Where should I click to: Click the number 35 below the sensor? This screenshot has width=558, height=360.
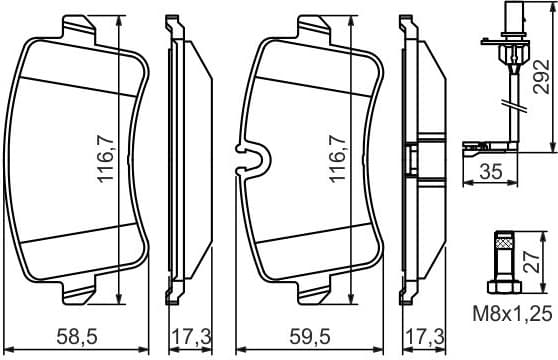coord(489,172)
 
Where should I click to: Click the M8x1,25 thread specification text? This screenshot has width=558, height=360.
coord(512,315)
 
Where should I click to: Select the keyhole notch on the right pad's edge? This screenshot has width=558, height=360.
coord(249,159)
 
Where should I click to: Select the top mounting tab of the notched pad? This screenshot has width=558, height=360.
coord(316,25)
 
